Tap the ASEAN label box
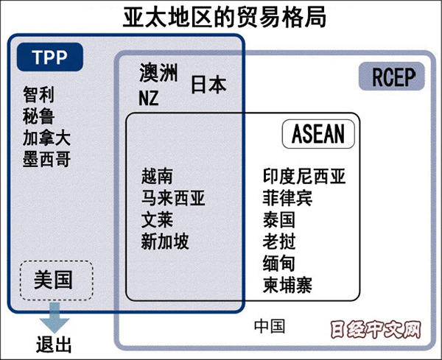[x=318, y=134]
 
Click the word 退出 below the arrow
[x=55, y=345]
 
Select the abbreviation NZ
[x=149, y=96]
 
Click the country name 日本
[x=208, y=85]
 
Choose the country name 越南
[x=158, y=177]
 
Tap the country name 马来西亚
[x=173, y=198]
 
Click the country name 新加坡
[x=165, y=241]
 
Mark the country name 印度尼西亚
[x=304, y=177]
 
